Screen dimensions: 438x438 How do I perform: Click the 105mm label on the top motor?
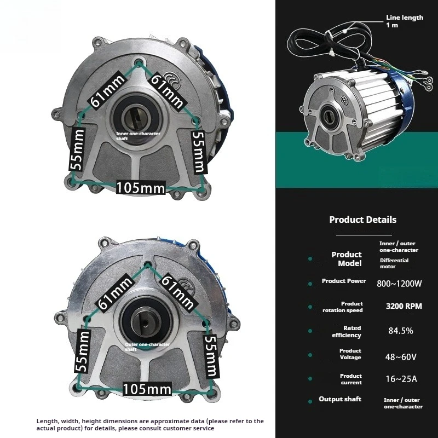click(141, 188)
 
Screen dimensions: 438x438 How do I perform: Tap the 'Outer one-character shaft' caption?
click(147, 347)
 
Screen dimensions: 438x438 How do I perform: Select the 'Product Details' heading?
click(362, 220)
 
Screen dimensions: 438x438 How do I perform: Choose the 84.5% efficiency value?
click(401, 331)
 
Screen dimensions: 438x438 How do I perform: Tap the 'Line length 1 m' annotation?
click(405, 21)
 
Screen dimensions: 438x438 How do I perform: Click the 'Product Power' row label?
click(344, 281)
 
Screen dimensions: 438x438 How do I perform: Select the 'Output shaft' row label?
click(340, 399)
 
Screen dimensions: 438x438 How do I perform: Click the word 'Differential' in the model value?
click(394, 261)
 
